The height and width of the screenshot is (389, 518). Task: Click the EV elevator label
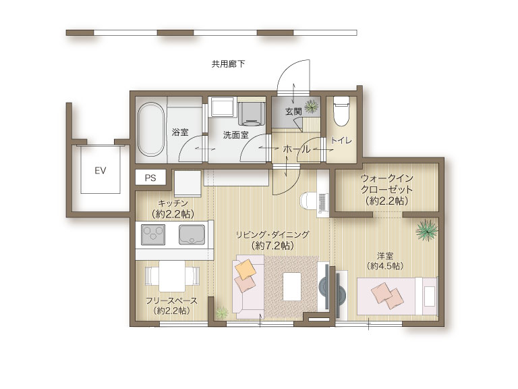point(100,171)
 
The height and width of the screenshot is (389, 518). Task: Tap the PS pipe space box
point(150,178)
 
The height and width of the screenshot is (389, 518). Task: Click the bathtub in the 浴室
point(150,130)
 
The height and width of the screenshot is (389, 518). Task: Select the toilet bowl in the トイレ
point(341,111)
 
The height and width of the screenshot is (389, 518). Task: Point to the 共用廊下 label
point(228,64)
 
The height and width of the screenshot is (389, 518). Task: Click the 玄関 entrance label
point(293,111)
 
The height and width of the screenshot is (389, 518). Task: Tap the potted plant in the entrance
point(312,107)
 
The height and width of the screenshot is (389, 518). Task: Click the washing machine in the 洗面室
point(252,113)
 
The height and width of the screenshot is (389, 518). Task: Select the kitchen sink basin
point(192,234)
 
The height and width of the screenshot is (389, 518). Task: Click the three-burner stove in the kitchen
point(153,234)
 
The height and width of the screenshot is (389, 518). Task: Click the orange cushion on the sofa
point(246,269)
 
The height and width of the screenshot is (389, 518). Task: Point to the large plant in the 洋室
point(427,230)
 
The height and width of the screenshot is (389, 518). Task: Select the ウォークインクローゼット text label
point(387,184)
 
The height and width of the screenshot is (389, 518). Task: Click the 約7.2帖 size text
point(272,246)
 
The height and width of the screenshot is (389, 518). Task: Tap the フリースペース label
point(171,301)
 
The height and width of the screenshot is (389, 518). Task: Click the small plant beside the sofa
point(222,312)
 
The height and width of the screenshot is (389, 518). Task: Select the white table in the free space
point(172,276)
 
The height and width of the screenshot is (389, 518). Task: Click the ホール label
point(297,149)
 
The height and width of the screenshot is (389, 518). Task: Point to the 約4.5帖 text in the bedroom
point(385,266)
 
